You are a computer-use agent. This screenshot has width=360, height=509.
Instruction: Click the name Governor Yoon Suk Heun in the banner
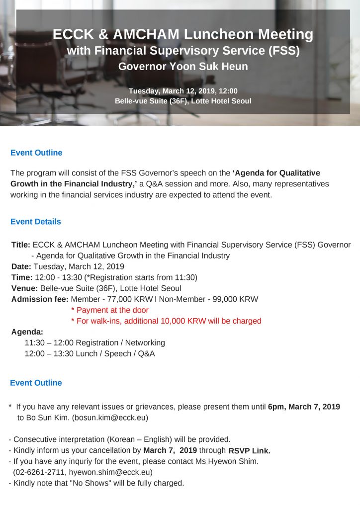coord(182,66)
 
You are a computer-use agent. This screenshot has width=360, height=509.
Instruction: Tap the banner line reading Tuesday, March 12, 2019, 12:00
coord(183,90)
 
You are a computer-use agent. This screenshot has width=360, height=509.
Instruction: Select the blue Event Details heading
coord(36,222)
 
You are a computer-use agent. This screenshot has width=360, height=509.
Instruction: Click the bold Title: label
coord(21,245)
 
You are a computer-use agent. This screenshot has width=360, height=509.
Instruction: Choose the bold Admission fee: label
coord(40,299)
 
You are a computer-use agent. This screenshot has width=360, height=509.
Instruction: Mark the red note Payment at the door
coord(112,310)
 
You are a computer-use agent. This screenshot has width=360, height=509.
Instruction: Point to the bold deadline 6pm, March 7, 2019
coord(304,407)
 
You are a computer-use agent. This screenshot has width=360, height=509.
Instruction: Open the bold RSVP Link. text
coord(250,451)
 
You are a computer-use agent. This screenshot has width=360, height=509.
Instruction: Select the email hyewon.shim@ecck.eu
coord(109,472)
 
